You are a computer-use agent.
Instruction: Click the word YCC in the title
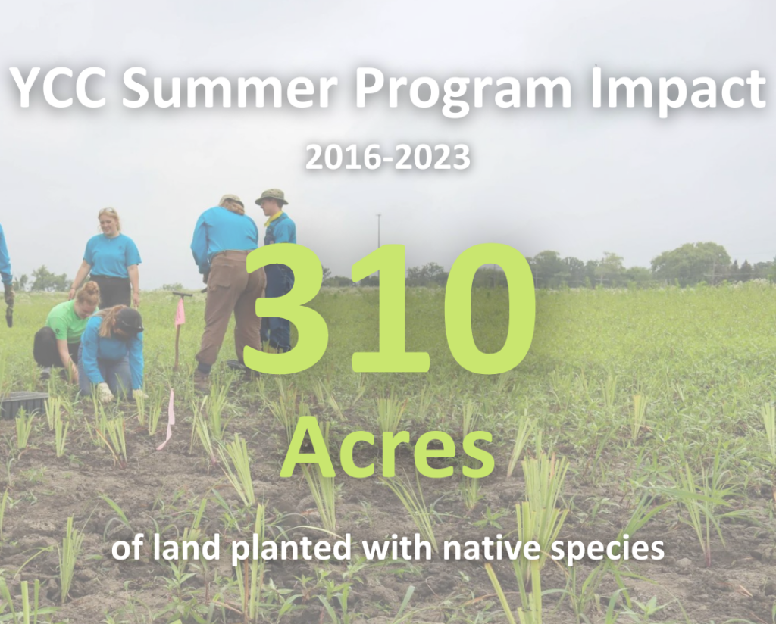point(58,88)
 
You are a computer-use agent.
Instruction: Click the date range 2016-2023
point(387,158)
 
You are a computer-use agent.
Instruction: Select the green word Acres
point(387,448)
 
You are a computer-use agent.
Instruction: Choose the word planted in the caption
point(292,549)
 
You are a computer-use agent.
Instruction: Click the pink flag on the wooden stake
point(180,312)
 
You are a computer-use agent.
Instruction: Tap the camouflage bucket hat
point(271,196)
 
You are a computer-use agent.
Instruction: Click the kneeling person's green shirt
point(67,323)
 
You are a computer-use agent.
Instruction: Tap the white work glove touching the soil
point(105,393)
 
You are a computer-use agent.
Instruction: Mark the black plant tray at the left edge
point(23,404)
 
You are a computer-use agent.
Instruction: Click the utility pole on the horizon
point(379,237)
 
